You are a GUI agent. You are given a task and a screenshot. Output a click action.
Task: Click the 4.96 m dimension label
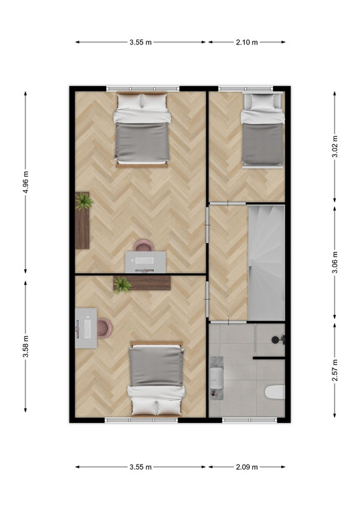26,182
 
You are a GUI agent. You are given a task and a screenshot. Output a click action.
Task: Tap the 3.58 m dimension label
26,346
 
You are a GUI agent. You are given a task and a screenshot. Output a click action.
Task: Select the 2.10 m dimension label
247,42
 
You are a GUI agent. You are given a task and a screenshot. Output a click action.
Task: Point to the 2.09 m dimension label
247,467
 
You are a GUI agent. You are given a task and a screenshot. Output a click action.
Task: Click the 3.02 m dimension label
335,146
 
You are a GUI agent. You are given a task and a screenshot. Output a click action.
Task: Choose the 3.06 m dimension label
335,262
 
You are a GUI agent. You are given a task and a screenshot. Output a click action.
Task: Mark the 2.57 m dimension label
335,370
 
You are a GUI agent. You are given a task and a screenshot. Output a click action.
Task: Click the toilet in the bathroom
275,392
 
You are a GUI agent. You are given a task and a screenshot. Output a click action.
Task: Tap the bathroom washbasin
216,378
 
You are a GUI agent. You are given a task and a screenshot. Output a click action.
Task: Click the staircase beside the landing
267,263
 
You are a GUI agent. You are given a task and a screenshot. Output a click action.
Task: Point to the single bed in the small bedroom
262,130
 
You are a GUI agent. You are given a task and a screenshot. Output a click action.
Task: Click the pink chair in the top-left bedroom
143,246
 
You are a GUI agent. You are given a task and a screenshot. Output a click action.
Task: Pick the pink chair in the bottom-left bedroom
104,328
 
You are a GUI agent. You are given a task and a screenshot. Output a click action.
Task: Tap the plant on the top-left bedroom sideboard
84,201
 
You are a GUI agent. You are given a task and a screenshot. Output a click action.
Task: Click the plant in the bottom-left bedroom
122,284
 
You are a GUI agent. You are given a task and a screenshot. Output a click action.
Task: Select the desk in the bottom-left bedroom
86,328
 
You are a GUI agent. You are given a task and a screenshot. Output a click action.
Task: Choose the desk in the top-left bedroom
146,262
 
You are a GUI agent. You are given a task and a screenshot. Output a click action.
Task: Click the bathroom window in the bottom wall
249,420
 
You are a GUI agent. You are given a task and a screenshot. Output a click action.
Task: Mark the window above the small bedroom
246,88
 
